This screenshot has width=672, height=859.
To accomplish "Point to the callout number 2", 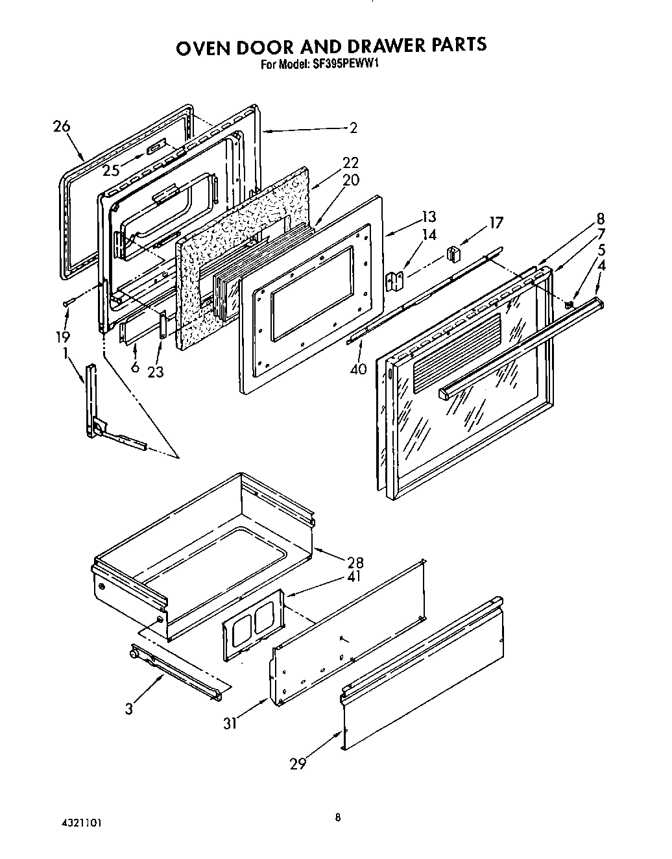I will coord(353,128).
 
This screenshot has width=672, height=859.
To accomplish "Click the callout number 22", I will coord(350,163).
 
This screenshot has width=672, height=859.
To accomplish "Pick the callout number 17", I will coord(496,223).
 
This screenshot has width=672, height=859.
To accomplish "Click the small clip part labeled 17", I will coord(453,252).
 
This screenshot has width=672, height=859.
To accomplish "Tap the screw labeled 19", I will coord(67,303).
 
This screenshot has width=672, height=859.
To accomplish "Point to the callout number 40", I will coord(358,369).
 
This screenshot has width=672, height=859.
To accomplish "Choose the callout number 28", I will coord(355,563).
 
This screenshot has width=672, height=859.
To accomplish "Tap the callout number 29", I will coord(298,764).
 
